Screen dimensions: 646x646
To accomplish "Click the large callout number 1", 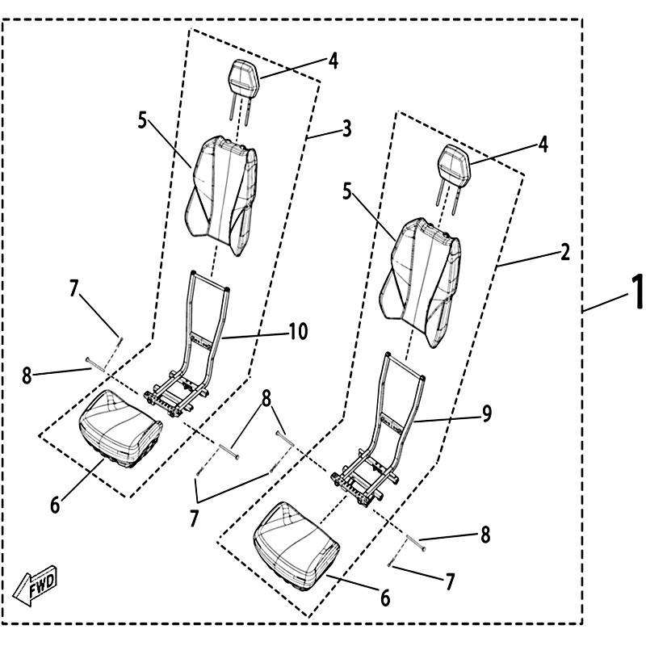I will point(636,292).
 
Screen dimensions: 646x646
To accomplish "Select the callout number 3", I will point(346,128).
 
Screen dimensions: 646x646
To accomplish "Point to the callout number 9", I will point(487,413).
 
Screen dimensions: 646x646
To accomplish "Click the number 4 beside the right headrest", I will point(543,145).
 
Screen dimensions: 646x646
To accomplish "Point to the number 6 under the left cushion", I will point(55,505).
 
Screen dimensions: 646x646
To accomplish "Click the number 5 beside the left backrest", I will point(143,122).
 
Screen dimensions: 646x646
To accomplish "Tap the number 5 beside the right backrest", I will point(347,193).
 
